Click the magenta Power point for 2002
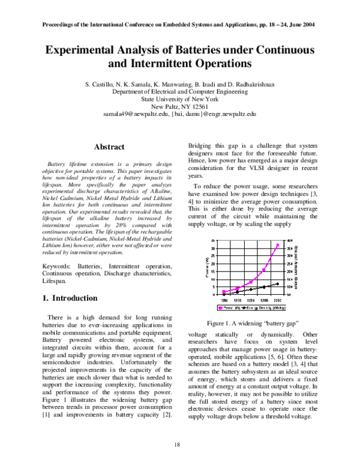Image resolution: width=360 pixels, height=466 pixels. coord(277,245)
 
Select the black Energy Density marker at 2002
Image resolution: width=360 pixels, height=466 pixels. coord(277,283)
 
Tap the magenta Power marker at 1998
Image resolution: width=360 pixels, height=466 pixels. coord(264,270)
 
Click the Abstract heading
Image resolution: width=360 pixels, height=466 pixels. coord(109,147)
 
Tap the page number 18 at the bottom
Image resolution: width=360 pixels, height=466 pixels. coord(177,444)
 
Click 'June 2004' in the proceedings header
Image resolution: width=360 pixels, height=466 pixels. coord(301,25)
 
